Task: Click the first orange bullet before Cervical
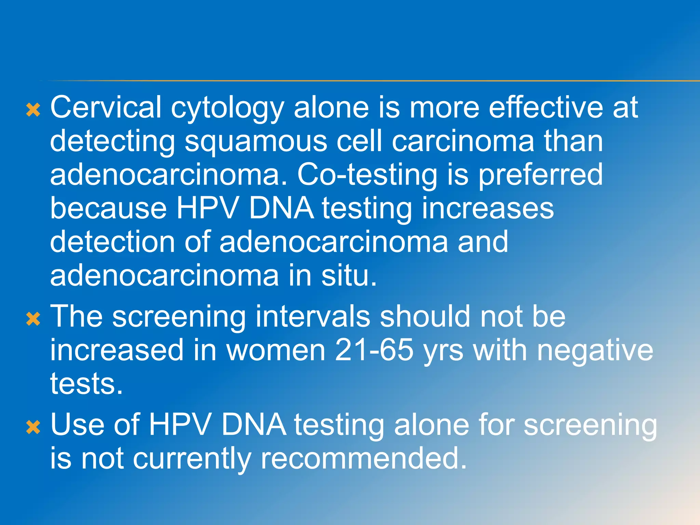pos(33,110)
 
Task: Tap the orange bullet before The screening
pos(33,319)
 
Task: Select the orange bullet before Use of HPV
pos(33,427)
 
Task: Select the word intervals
pos(312,317)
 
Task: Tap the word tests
pos(86,384)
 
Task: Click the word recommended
pos(364,458)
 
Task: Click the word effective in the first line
pos(546,108)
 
